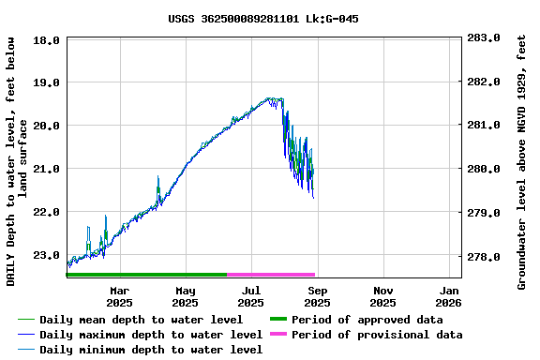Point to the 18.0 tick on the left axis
click(x=50, y=39)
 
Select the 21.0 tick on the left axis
click(x=50, y=169)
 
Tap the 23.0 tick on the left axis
click(x=50, y=255)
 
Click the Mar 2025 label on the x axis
click(x=119, y=296)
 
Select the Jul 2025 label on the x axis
click(x=250, y=296)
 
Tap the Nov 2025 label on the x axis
click(x=382, y=296)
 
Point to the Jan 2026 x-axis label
click(x=448, y=296)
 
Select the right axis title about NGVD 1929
click(x=522, y=161)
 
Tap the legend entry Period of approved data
click(x=367, y=320)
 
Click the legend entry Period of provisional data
click(x=376, y=335)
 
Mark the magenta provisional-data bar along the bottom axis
click(x=270, y=275)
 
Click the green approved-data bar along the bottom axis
click(x=146, y=275)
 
